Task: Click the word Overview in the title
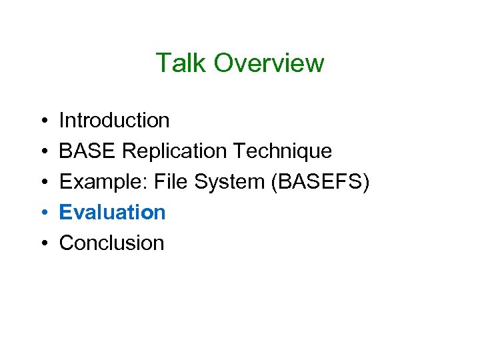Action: (269, 63)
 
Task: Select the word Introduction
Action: (114, 121)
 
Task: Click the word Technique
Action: (283, 151)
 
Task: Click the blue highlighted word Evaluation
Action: (112, 213)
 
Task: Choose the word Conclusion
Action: (111, 243)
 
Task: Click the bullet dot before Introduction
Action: (42, 121)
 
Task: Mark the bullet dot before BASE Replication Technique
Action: (42, 152)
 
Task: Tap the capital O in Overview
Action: (225, 63)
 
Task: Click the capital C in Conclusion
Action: (67, 243)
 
